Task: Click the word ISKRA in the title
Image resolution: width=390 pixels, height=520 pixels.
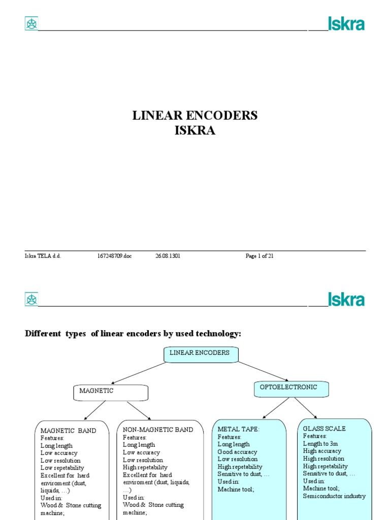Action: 194,131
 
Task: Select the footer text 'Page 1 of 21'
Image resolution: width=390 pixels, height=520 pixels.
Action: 259,256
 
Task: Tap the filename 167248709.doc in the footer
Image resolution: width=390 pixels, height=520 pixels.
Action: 114,256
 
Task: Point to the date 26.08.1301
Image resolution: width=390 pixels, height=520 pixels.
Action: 168,256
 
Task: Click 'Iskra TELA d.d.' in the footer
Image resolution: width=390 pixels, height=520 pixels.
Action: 43,256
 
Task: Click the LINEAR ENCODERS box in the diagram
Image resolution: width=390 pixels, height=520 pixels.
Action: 201,354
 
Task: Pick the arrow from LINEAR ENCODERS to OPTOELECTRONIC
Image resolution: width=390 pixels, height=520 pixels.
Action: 263,371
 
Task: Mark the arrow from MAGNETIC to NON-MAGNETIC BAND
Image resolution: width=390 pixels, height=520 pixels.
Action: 138,410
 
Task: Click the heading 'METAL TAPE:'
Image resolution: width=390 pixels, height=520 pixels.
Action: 238,430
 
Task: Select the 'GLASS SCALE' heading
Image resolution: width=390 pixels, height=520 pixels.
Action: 324,429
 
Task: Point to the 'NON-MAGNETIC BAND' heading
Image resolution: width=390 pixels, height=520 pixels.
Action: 158,430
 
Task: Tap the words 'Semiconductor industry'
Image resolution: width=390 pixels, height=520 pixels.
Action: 334,496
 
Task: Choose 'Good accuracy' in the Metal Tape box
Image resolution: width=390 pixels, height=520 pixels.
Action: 237,452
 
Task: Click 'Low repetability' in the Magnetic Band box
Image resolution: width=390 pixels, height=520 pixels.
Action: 62,468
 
